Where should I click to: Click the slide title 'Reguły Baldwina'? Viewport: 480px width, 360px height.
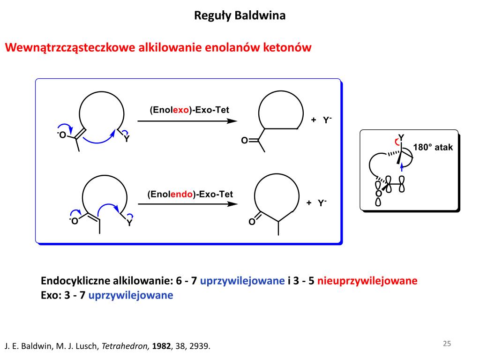tap(240, 16)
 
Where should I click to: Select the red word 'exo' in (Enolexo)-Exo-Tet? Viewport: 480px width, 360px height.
tap(181, 110)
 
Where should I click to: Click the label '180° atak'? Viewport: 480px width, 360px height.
tap(433, 147)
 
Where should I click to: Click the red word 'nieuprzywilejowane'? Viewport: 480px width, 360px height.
tap(367, 281)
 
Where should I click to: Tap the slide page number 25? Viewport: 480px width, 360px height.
tap(447, 344)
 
